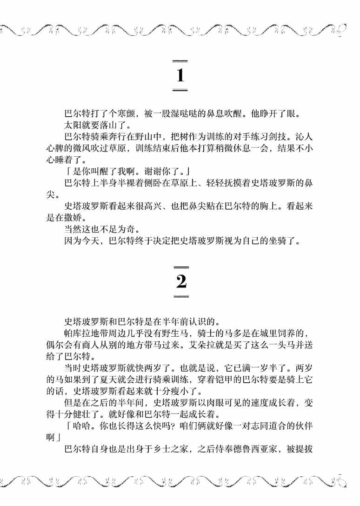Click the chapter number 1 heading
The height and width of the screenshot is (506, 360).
(x=180, y=75)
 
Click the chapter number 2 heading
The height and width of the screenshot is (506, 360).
(x=181, y=281)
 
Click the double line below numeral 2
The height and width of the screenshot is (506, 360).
(x=181, y=295)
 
